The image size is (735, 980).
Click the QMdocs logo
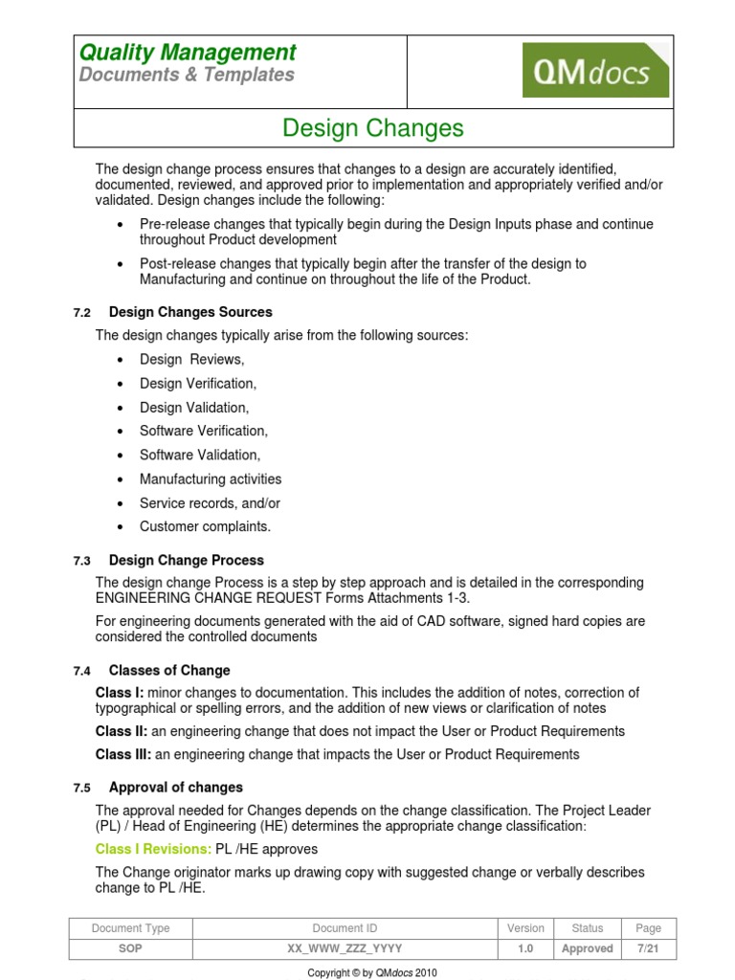pyautogui.click(x=595, y=71)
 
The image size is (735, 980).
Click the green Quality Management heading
pyautogui.click(x=188, y=52)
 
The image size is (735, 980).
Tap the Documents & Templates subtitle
pyautogui.click(x=187, y=75)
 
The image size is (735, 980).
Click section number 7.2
pyautogui.click(x=81, y=313)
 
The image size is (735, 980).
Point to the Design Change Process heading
pyautogui.click(x=186, y=560)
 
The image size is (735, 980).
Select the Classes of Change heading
pyautogui.click(x=169, y=670)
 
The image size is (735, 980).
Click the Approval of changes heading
pyautogui.click(x=175, y=787)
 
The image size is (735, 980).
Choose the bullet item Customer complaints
pyautogui.click(x=205, y=526)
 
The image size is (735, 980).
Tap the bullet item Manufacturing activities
pyautogui.click(x=211, y=479)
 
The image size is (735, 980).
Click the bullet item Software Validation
pyautogui.click(x=199, y=455)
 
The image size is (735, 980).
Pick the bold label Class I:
pyautogui.click(x=119, y=692)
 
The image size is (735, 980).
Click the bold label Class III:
pyautogui.click(x=123, y=754)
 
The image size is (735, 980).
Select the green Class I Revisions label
pyautogui.click(x=153, y=849)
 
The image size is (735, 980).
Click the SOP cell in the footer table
pyautogui.click(x=131, y=948)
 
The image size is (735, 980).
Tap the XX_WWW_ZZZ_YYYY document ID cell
pyautogui.click(x=345, y=948)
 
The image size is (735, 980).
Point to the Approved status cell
pyautogui.click(x=587, y=948)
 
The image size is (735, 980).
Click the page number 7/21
pyautogui.click(x=648, y=948)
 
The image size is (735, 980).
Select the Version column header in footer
pyautogui.click(x=525, y=927)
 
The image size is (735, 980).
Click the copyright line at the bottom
pyautogui.click(x=371, y=972)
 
